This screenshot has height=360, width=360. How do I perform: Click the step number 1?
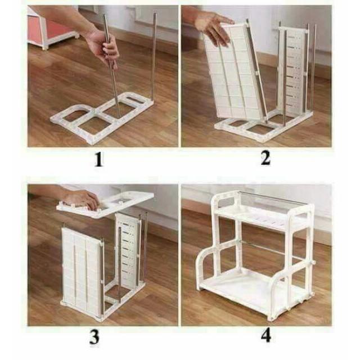(x=99, y=160)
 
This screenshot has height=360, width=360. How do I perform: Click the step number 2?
(x=265, y=159)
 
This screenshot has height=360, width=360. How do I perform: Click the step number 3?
(x=94, y=337)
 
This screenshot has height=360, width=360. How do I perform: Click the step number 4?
(x=266, y=336)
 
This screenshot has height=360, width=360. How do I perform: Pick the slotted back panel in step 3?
(x=128, y=248)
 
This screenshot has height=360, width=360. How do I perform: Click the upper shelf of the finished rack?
(x=259, y=217)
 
